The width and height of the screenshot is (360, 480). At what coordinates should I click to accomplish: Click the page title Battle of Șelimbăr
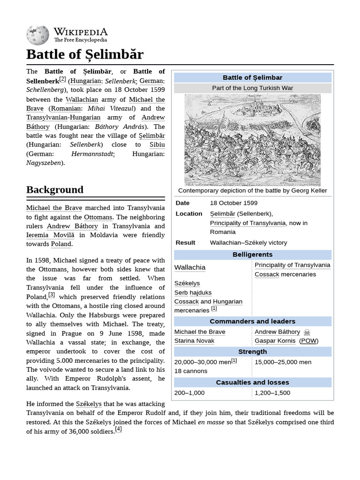pyautogui.click(x=85, y=54)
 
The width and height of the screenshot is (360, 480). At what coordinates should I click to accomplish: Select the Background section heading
pyautogui.click(x=55, y=190)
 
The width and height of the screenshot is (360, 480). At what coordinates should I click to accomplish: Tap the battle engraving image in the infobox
pyautogui.click(x=253, y=139)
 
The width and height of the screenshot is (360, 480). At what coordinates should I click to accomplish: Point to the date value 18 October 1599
pyautogui.click(x=233, y=203)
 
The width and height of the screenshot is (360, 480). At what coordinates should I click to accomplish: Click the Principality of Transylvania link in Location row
pyautogui.click(x=247, y=223)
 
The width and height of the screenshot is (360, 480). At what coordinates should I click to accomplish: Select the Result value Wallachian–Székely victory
pyautogui.click(x=248, y=243)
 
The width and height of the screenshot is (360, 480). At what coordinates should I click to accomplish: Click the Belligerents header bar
pyautogui.click(x=253, y=255)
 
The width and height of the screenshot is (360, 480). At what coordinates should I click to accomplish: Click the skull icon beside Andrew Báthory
pyautogui.click(x=307, y=332)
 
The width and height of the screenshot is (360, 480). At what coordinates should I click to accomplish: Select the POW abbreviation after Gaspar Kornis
pyautogui.click(x=308, y=341)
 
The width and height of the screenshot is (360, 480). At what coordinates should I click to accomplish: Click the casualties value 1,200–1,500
pyautogui.click(x=272, y=393)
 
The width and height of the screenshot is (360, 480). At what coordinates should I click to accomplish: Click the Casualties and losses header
pyautogui.click(x=253, y=382)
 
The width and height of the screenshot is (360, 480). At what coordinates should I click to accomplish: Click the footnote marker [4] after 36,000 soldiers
pyautogui.click(x=119, y=429)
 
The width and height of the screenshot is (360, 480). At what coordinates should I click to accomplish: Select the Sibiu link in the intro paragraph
pyautogui.click(x=157, y=145)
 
